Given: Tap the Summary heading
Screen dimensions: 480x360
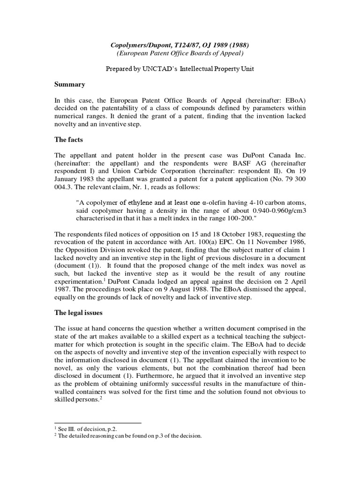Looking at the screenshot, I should coord(70,84).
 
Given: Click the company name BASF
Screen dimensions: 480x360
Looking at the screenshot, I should coord(242,163).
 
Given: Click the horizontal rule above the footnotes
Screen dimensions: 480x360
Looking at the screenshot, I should coord(97,423).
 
